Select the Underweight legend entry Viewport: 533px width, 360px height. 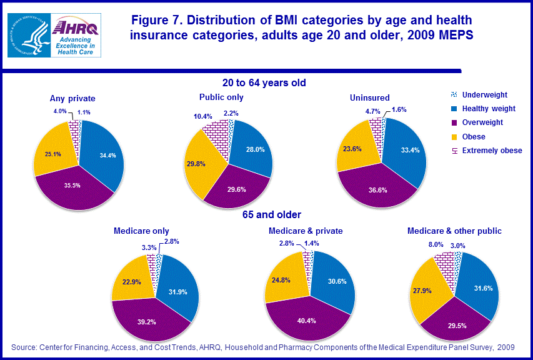[x=484, y=95]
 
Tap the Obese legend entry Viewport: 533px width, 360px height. [x=474, y=136]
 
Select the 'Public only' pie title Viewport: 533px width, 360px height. [x=221, y=97]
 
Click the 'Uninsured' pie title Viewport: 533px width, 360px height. [x=370, y=97]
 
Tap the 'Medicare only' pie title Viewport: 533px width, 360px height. [x=141, y=231]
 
